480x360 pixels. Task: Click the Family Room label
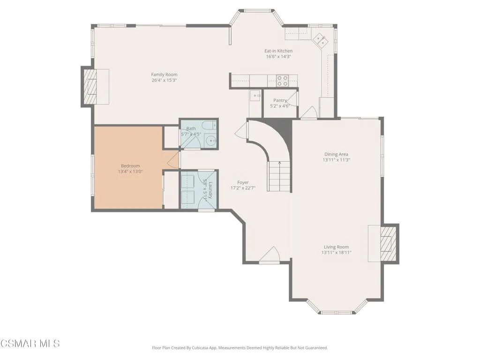[164, 75]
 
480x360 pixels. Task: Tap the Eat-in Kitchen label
[278, 51]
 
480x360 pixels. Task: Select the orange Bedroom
[128, 168]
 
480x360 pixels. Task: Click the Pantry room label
[280, 100]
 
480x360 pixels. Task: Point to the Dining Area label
[336, 154]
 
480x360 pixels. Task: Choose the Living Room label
[336, 247]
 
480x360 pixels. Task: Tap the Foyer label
[243, 182]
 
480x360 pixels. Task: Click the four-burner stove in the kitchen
[282, 81]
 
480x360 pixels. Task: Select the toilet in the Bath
[211, 125]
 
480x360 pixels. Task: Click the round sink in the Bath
[211, 141]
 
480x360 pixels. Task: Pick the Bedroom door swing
[172, 160]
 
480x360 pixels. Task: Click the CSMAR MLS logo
[30, 344]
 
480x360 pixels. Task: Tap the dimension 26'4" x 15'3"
[164, 81]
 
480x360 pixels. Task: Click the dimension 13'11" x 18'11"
[336, 253]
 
